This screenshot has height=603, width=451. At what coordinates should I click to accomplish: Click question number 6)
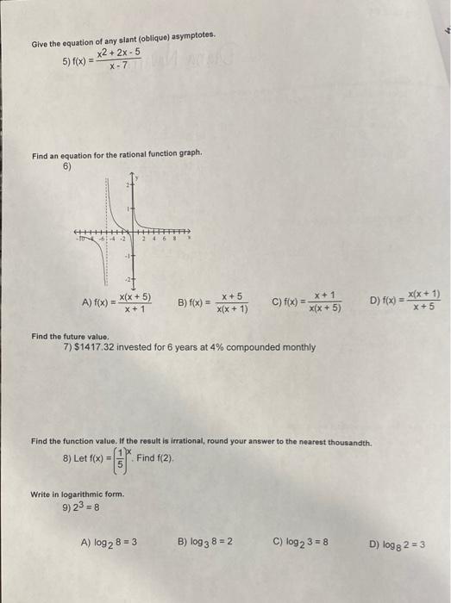68,166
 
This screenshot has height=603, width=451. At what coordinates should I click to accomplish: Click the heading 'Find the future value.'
68,337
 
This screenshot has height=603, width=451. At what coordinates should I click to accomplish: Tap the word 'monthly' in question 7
295,347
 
